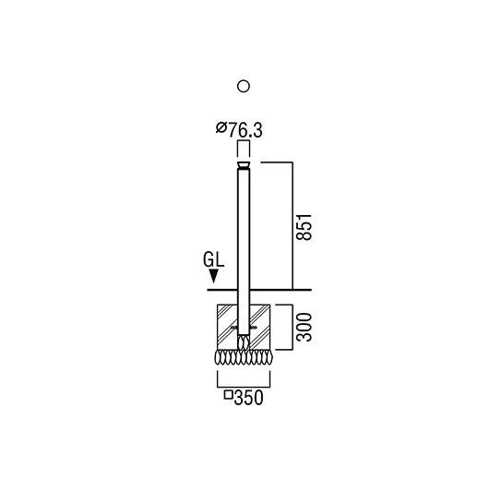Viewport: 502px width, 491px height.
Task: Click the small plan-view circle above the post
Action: coord(244,86)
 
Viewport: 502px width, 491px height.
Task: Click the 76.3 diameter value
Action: coord(245,130)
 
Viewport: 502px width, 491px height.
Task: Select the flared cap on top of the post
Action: coord(244,165)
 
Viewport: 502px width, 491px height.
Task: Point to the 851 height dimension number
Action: coord(304,226)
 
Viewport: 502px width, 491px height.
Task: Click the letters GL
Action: coord(213,259)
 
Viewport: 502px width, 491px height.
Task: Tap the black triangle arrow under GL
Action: coord(213,276)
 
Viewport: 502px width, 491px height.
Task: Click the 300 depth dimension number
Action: coord(304,328)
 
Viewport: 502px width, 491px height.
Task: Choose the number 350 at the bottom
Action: coord(248,398)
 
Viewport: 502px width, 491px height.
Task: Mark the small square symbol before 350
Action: coord(228,395)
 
